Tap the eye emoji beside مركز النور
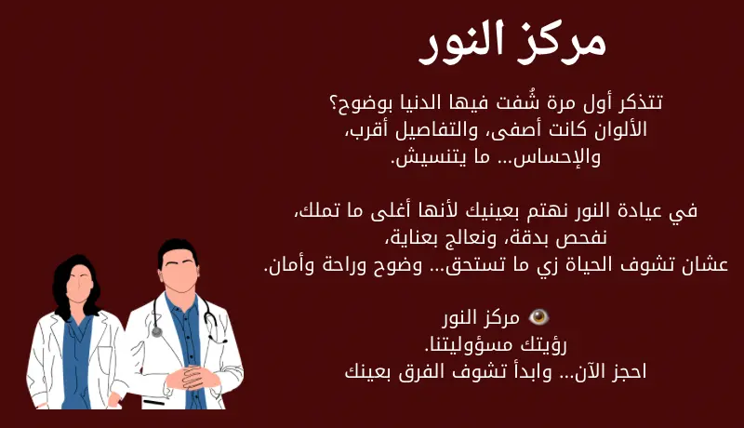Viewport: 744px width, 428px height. pos(538,317)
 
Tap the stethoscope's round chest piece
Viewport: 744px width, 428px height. pos(156,331)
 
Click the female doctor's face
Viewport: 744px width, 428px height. pos(79,279)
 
